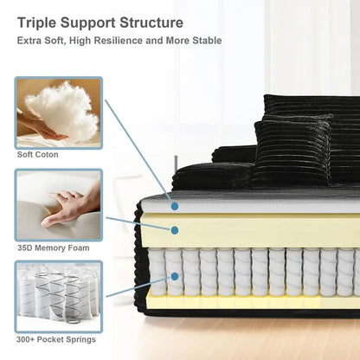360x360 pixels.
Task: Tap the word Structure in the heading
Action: point(151,22)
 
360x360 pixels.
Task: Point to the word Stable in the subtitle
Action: point(207,41)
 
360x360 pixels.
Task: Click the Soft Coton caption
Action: point(38,155)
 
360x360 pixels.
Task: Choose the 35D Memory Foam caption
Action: point(54,247)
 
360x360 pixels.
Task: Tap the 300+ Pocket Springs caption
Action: point(56,339)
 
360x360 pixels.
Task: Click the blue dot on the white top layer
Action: point(175,206)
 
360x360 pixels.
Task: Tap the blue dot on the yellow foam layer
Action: point(175,230)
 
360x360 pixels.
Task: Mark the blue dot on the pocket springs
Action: point(175,276)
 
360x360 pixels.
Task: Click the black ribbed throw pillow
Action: point(292,151)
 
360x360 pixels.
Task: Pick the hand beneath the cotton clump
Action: point(41,127)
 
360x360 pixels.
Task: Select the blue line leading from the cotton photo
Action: point(138,151)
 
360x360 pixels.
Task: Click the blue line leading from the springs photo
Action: point(138,286)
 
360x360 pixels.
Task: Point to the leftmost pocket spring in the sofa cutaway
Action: point(157,273)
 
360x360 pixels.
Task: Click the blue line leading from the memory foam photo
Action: point(138,223)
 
